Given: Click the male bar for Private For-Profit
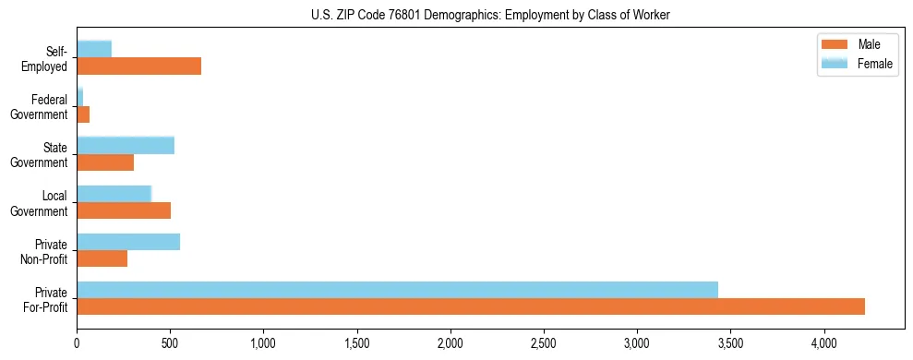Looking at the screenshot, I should pyautogui.click(x=471, y=306).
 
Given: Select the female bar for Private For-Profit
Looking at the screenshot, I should pyautogui.click(x=397, y=290).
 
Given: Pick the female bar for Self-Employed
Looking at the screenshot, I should pyautogui.click(x=94, y=49).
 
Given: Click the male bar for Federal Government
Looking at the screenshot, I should pyautogui.click(x=83, y=114).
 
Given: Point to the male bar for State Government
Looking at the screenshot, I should pyautogui.click(x=105, y=162).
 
